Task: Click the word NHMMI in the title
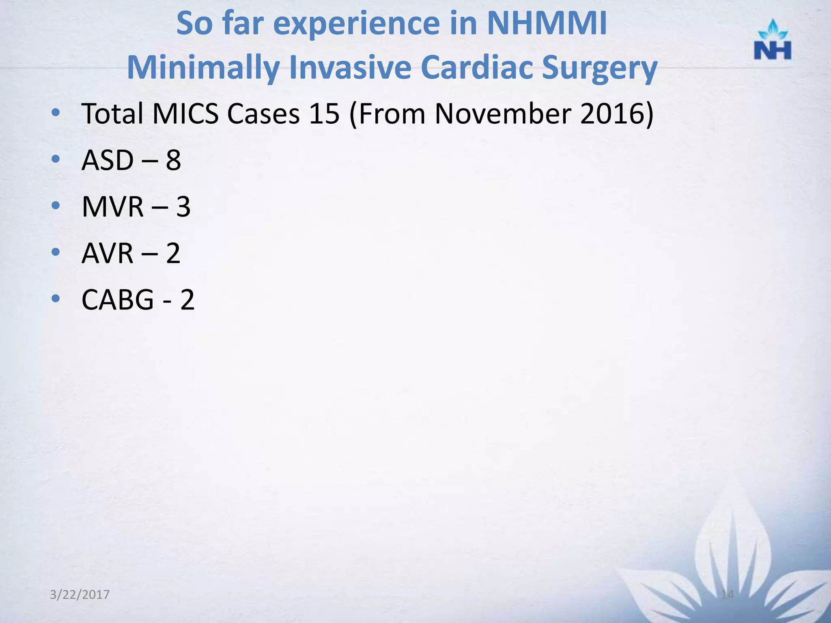click(547, 24)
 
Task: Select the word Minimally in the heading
click(202, 67)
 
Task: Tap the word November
click(503, 114)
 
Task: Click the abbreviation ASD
click(107, 160)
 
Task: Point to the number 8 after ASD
click(173, 160)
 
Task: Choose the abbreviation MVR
click(112, 207)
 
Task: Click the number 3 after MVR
click(183, 207)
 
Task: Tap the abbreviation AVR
click(107, 253)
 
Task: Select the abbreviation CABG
click(118, 300)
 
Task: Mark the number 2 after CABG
click(187, 300)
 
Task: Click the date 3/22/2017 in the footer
click(80, 595)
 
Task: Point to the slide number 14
click(727, 595)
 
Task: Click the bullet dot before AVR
click(56, 252)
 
